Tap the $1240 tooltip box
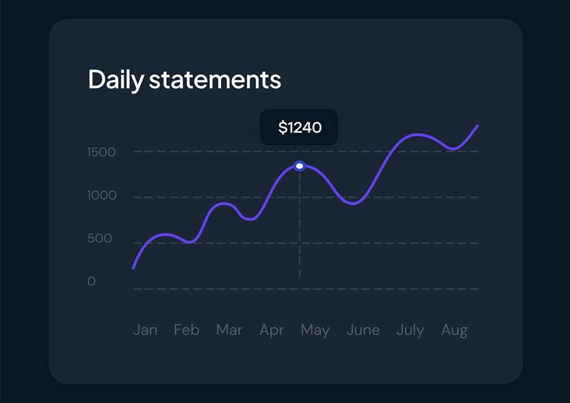299,127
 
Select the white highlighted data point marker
299,166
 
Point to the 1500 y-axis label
101,152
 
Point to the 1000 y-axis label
102,195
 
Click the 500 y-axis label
100,238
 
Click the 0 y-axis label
92,281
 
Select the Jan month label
145,330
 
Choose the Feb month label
186,330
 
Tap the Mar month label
229,330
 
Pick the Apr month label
272,331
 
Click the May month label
315,331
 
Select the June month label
363,330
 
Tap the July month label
410,331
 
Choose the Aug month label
454,331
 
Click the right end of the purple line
478,126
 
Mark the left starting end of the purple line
133,268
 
